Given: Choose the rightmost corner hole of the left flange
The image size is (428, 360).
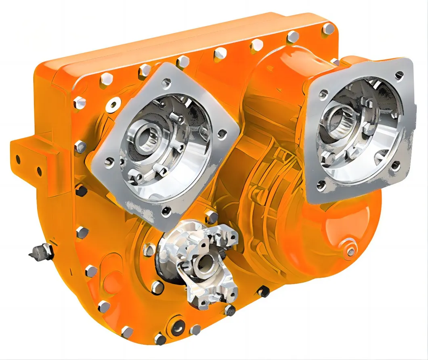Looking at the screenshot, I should [x=221, y=136].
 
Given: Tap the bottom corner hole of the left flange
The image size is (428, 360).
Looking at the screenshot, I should [x=166, y=211].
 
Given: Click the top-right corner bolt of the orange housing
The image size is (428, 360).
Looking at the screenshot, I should [x=329, y=29].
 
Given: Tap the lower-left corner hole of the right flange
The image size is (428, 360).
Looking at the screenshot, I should [x=321, y=185].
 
